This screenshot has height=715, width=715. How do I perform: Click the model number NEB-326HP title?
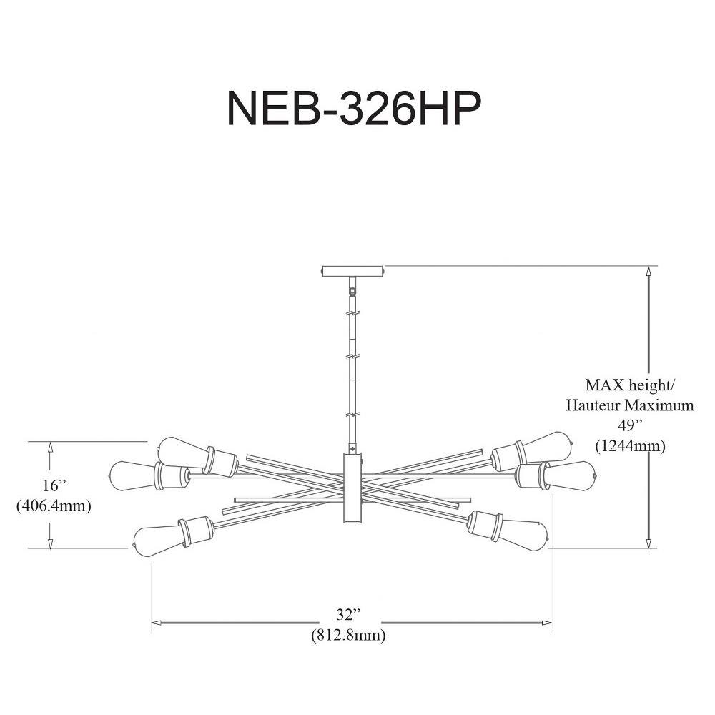pyautogui.click(x=354, y=109)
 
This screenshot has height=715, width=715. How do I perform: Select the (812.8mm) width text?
pyautogui.click(x=348, y=635)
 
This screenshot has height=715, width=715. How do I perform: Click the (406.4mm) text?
pyautogui.click(x=54, y=506)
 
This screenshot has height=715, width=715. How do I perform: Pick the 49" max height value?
pyautogui.click(x=630, y=425)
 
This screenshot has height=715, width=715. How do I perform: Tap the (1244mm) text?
pyautogui.click(x=630, y=445)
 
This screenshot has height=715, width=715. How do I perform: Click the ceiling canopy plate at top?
pyautogui.click(x=353, y=271)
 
